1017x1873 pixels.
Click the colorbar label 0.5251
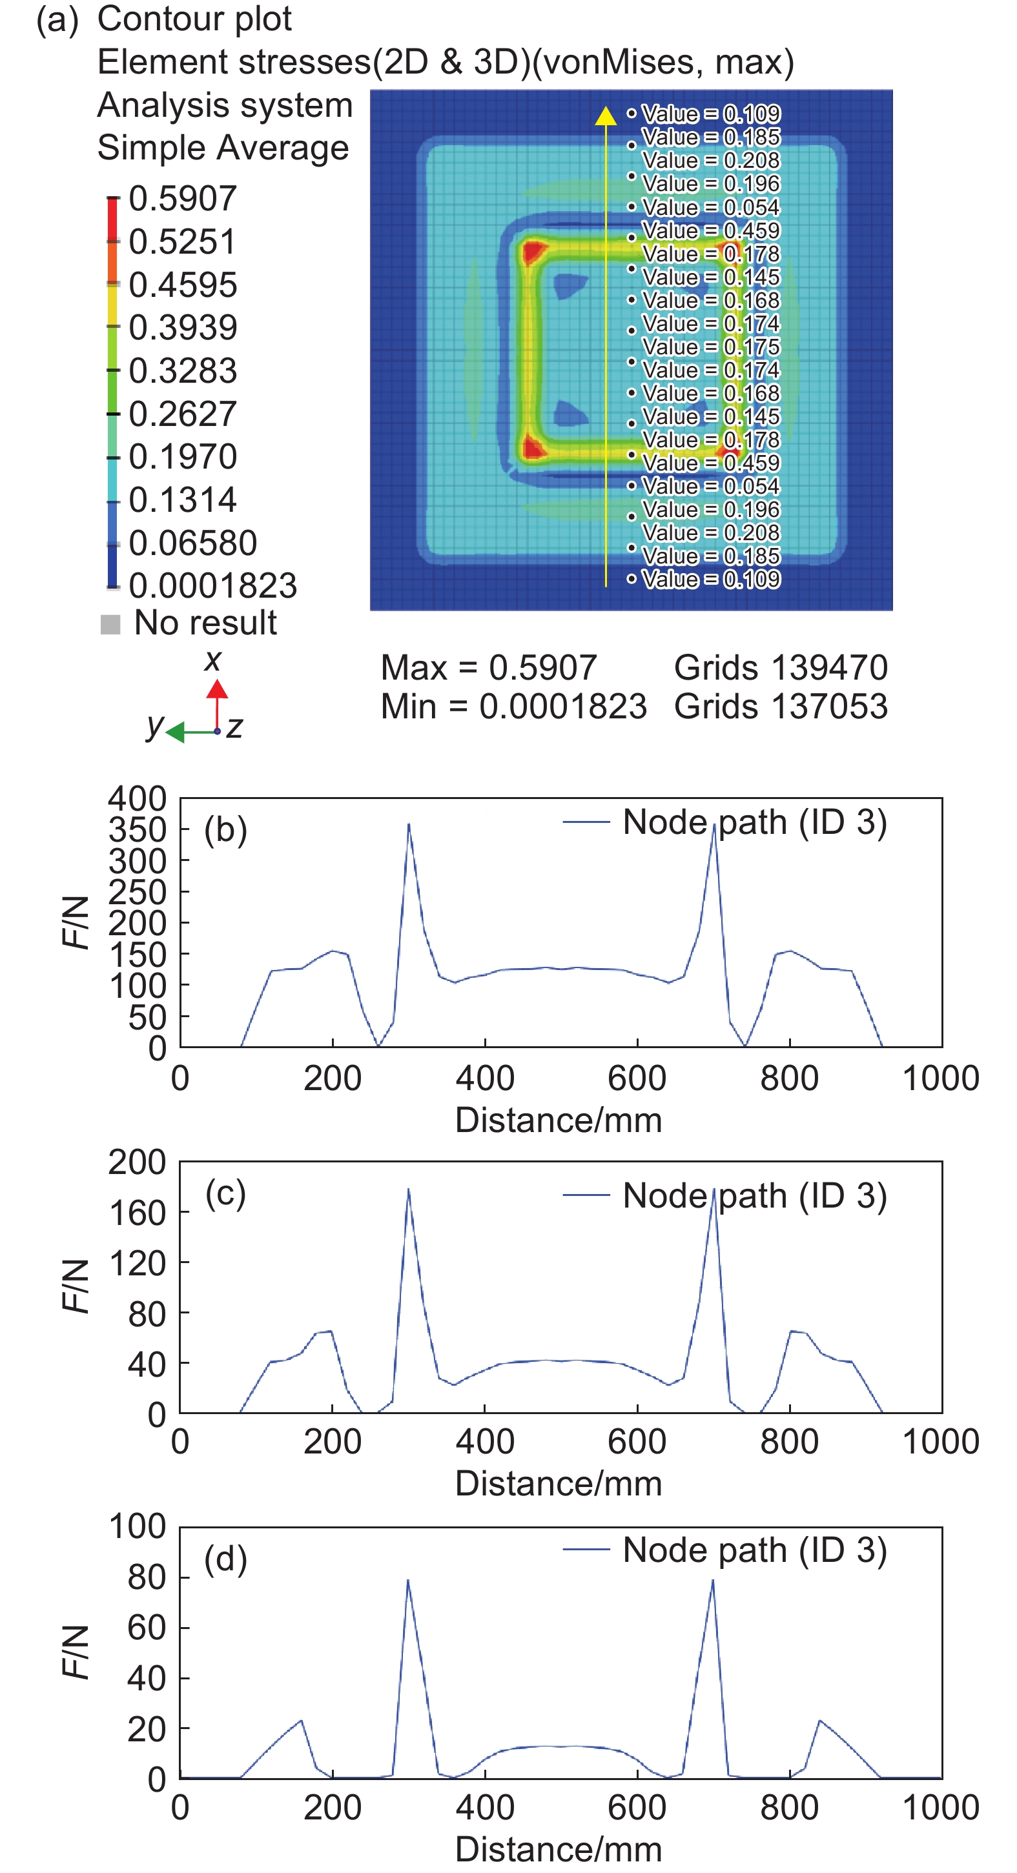click(x=183, y=241)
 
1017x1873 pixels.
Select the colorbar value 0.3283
click(x=183, y=371)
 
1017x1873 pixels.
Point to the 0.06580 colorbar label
click(x=193, y=543)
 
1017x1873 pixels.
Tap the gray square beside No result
click(x=110, y=624)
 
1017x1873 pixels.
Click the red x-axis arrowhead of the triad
click(x=217, y=689)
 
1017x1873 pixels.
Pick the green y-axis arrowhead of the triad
click(x=174, y=731)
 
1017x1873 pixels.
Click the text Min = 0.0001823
click(x=513, y=707)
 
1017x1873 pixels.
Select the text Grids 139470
click(x=781, y=667)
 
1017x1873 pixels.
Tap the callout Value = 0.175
click(x=711, y=347)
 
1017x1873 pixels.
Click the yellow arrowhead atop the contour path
click(x=606, y=116)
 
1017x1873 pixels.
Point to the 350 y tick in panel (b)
click(x=137, y=829)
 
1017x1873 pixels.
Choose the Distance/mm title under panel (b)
click(x=558, y=1120)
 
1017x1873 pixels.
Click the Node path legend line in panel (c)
click(x=586, y=1195)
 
